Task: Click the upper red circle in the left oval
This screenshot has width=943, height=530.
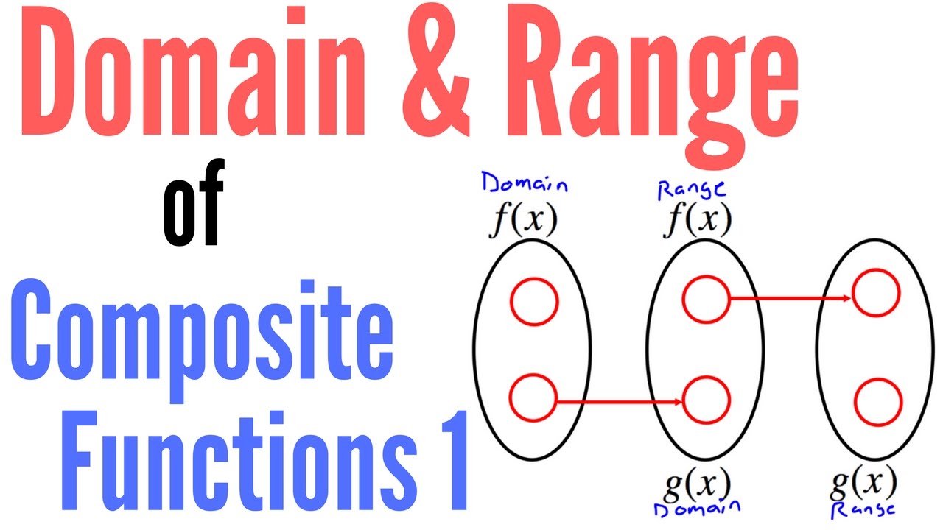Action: [x=535, y=302]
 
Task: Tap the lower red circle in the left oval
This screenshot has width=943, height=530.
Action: [x=533, y=397]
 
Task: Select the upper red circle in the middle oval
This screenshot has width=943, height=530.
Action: [x=705, y=298]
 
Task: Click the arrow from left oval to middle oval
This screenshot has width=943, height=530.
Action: [x=619, y=402]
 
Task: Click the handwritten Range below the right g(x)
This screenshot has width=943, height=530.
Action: [x=865, y=509]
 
